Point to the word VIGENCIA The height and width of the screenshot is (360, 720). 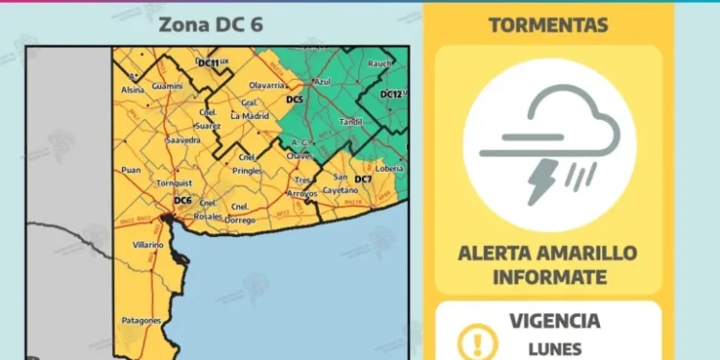tap(556, 321)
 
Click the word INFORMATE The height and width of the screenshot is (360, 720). tap(548, 277)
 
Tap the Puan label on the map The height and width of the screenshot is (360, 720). tap(132, 170)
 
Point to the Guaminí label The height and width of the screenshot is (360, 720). tap(167, 86)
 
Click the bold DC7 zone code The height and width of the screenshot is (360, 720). tap(363, 180)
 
